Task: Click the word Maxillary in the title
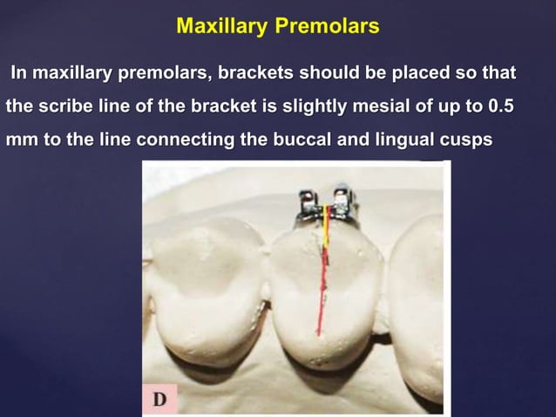pos(222,26)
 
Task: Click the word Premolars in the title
pos(327,26)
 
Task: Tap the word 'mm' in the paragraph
pos(19,140)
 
